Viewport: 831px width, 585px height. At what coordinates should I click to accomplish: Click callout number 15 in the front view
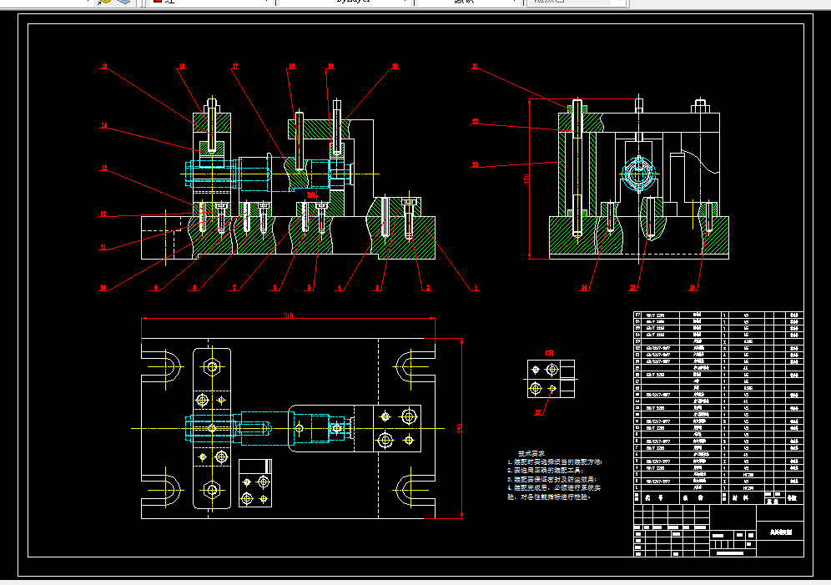(103, 65)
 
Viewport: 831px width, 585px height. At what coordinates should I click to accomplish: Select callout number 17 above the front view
(236, 66)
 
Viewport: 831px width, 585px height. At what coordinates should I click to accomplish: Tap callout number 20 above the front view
(395, 66)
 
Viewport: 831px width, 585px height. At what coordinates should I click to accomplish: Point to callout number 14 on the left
(103, 126)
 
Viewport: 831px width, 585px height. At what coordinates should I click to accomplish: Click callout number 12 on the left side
(103, 214)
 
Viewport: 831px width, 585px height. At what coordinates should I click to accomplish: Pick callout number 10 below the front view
(103, 289)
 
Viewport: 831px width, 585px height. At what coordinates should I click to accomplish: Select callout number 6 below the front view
(274, 289)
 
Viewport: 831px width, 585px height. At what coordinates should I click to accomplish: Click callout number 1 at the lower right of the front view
(476, 289)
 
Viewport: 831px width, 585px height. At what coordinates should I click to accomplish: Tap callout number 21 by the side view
(475, 66)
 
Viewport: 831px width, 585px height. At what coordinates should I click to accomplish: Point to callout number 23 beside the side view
(475, 165)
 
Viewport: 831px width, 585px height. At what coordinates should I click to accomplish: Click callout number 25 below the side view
(633, 289)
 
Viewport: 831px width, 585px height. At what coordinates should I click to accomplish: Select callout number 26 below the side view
(692, 289)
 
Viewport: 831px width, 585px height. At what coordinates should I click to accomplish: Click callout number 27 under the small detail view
(538, 411)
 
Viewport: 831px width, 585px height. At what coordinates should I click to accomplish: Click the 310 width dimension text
(289, 315)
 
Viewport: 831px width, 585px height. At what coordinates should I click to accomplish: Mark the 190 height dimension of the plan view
(460, 427)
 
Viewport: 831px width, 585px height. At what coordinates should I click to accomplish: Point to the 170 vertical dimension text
(526, 179)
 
